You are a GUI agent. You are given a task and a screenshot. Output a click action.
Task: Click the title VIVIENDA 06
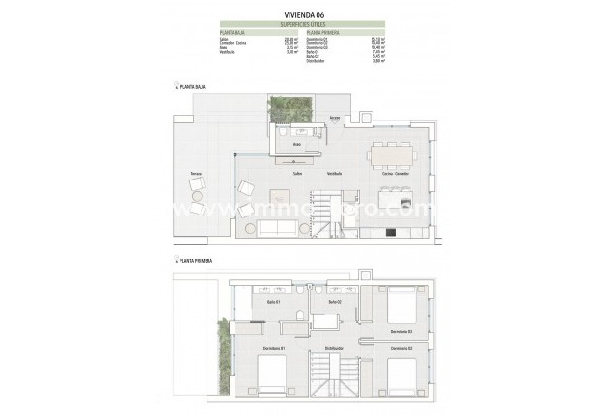(x=303, y=14)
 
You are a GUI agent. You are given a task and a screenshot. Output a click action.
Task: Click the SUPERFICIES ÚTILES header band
(x=303, y=23)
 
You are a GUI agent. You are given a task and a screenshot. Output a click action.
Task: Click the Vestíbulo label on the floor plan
(x=333, y=174)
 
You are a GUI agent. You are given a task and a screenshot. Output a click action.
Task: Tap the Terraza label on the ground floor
(x=196, y=174)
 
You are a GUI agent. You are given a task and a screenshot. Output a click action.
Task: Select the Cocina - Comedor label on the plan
(x=396, y=174)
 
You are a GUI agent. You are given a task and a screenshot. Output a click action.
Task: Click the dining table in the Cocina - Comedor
(x=395, y=152)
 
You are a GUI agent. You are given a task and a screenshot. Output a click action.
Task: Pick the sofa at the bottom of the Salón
(x=278, y=227)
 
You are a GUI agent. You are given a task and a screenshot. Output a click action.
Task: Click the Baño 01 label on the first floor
(x=273, y=303)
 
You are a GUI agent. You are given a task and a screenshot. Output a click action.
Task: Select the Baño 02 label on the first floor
(x=335, y=303)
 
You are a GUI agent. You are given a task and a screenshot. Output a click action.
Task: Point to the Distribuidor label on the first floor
(x=334, y=348)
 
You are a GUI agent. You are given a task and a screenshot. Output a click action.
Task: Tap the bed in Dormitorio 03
(x=402, y=310)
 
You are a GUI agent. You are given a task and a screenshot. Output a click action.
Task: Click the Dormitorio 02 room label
(x=401, y=348)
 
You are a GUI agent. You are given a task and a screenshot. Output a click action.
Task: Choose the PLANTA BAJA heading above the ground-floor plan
(x=192, y=87)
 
